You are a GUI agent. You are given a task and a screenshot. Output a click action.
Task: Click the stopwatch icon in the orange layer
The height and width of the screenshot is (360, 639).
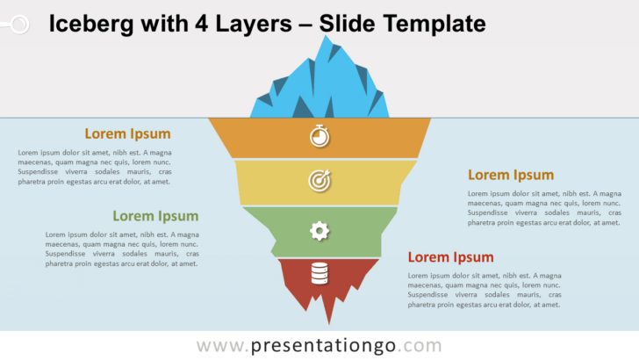point(319,136)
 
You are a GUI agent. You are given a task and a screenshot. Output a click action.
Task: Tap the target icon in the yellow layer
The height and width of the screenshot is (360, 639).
point(319,180)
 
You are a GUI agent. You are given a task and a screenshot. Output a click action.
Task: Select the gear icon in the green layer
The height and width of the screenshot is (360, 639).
point(319,231)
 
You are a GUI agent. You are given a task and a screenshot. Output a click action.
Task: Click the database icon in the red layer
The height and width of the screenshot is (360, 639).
point(319,274)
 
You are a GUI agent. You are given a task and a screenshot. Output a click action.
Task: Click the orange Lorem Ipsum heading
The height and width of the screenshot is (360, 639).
point(127,133)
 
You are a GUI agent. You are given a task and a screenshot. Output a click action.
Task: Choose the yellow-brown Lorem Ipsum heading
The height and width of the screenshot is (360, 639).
point(511,175)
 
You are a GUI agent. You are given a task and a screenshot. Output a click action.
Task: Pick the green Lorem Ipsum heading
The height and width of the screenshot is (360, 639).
point(155,216)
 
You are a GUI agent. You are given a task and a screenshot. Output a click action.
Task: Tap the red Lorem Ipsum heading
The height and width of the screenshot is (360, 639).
point(450,257)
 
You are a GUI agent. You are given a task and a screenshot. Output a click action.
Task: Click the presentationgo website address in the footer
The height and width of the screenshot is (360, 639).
point(319,345)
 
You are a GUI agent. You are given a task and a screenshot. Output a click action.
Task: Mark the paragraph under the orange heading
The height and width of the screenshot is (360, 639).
point(94,167)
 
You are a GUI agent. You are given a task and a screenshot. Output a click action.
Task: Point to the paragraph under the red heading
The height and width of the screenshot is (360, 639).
point(484,290)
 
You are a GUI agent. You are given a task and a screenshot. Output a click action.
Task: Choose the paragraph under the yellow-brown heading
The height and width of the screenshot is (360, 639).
point(544,208)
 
